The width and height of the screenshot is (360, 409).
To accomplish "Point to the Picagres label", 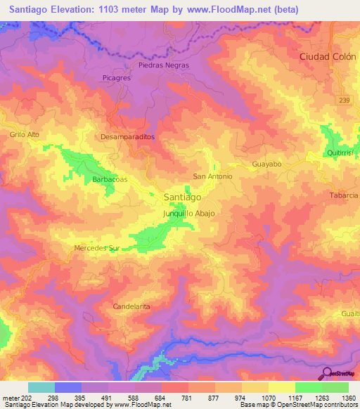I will tap(116, 78).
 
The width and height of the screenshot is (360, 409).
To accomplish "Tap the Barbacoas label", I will tap(110, 180).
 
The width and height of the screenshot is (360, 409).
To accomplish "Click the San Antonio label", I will tap(212, 176).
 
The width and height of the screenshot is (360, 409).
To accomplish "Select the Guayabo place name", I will tap(266, 164).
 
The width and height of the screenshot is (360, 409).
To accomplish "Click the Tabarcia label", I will tap(344, 195).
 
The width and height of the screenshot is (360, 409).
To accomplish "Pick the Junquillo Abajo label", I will tap(188, 213).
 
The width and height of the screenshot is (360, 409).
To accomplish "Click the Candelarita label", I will tap(132, 306).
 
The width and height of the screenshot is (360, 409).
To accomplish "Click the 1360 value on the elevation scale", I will tap(347, 398).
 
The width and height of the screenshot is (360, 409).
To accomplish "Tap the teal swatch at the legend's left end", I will tap(41, 387).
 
